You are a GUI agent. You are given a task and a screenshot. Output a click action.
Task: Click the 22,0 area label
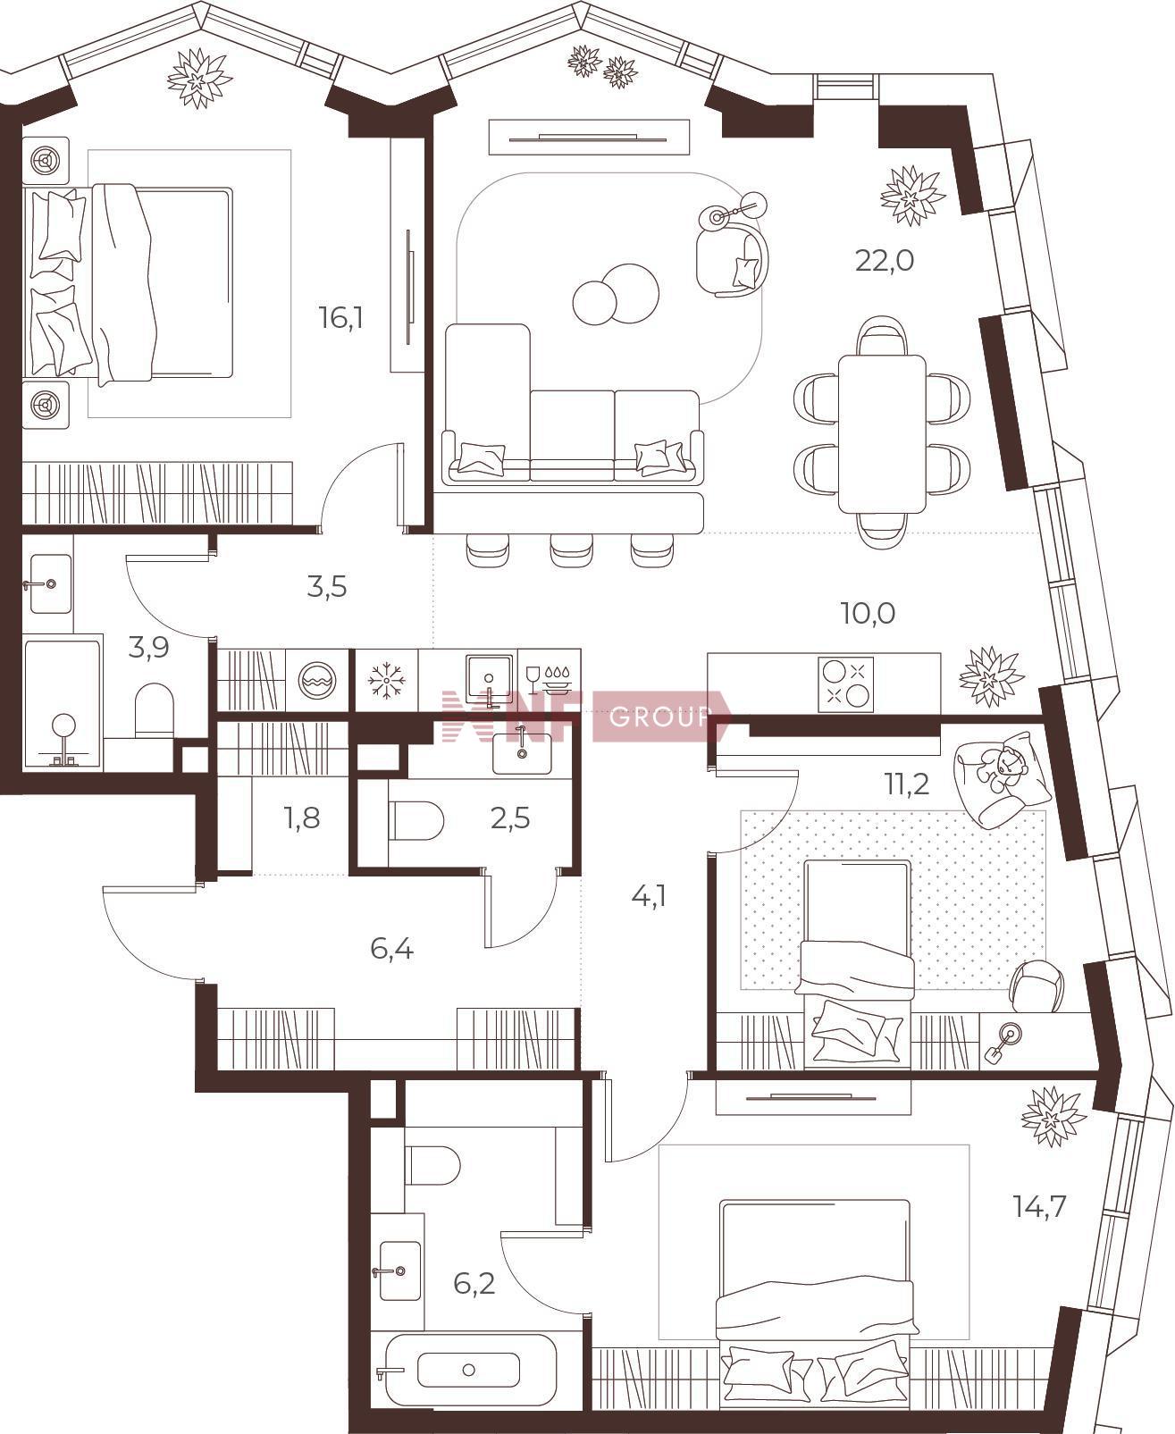(884, 260)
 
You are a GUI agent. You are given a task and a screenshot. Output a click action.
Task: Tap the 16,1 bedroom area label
(340, 317)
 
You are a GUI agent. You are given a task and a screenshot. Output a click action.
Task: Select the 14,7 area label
(1039, 1207)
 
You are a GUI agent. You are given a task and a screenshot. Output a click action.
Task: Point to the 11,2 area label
(906, 784)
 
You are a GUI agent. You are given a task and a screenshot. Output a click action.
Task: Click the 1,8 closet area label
(302, 818)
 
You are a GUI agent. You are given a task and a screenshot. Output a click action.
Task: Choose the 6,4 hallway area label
(391, 948)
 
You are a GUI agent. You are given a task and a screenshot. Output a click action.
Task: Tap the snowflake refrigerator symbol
(386, 680)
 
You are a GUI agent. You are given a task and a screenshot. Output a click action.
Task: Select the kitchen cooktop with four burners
(846, 684)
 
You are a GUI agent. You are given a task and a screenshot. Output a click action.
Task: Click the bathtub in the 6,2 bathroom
(468, 1351)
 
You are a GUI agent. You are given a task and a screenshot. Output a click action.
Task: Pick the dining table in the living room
(881, 434)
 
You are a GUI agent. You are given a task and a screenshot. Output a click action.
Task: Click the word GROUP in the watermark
(659, 717)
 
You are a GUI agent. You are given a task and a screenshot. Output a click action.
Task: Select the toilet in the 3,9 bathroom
(155, 710)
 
